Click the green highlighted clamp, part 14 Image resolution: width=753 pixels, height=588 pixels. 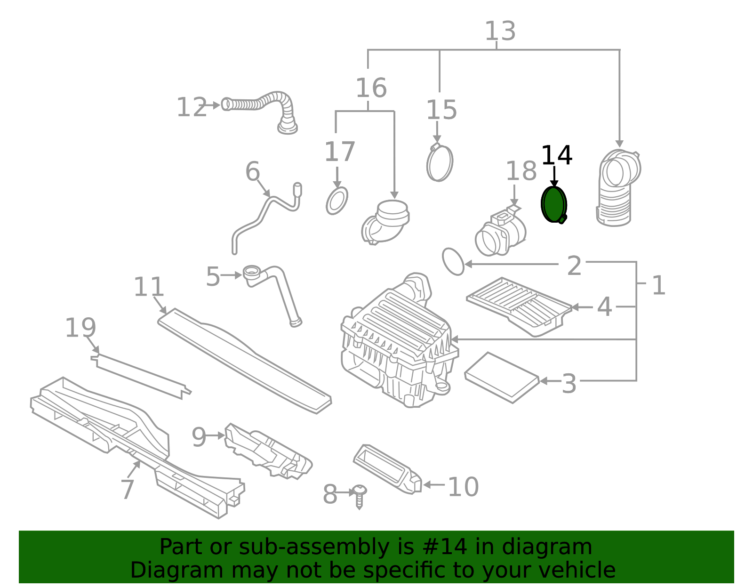(x=553, y=204)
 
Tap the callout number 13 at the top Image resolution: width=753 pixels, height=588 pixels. (x=500, y=31)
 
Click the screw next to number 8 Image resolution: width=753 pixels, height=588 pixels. (x=360, y=495)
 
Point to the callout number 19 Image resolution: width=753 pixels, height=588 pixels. (x=80, y=328)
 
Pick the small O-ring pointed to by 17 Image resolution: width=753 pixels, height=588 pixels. (x=337, y=201)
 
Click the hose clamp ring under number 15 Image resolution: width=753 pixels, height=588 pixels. (x=440, y=163)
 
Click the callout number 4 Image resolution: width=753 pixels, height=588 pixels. (x=604, y=307)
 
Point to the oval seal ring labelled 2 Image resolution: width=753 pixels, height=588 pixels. (x=453, y=261)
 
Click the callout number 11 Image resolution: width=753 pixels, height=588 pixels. (x=149, y=287)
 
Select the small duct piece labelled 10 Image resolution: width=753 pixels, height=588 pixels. (x=387, y=469)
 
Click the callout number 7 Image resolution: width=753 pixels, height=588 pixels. (x=127, y=489)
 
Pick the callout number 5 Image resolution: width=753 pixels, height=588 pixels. (x=213, y=276)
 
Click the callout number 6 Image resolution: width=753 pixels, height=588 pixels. (x=253, y=171)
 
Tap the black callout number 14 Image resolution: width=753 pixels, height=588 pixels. (x=556, y=155)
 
